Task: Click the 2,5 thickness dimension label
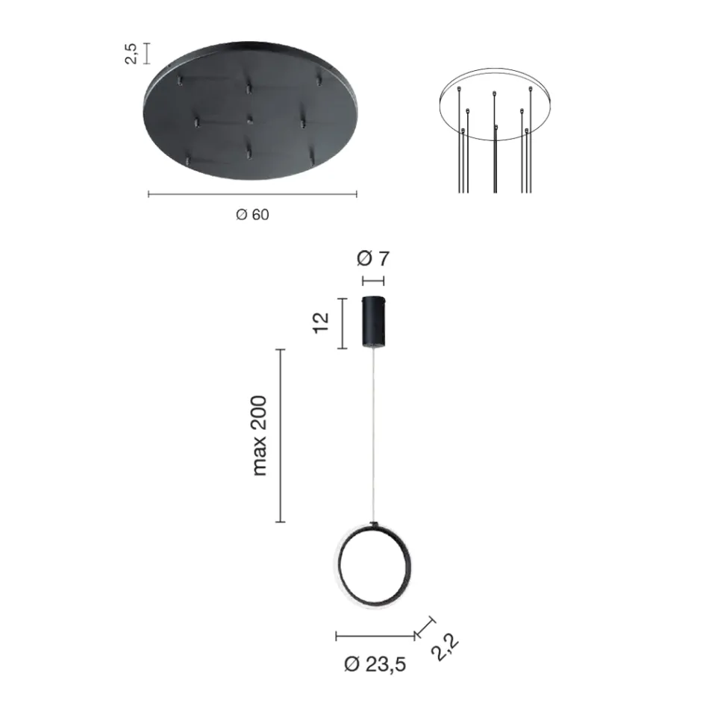[x=131, y=53]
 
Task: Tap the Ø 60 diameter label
[x=252, y=215]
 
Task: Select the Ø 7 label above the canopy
[x=373, y=259]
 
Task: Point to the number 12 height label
[x=322, y=323]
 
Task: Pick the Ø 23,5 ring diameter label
[x=375, y=663]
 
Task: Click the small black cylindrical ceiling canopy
[x=373, y=322]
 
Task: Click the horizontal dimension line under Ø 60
[x=252, y=194]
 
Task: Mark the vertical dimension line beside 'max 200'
[x=280, y=435]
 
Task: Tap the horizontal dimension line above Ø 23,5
[x=375, y=637]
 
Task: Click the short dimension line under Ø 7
[x=373, y=281]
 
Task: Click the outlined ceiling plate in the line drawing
[x=495, y=104]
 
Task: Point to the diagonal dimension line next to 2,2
[x=425, y=627]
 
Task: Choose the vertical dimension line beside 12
[x=342, y=323]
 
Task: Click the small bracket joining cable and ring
[x=374, y=525]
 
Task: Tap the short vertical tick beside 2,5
[x=146, y=53]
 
